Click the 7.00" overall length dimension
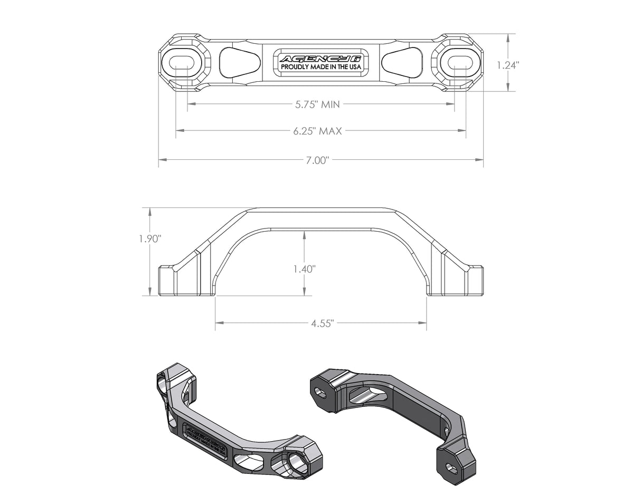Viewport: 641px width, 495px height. [317, 160]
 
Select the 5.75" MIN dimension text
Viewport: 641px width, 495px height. [317, 104]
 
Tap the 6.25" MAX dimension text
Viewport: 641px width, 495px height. [317, 131]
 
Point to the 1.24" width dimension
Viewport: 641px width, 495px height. [508, 65]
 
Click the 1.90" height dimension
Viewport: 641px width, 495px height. [149, 239]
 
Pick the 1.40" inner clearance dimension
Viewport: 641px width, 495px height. [304, 269]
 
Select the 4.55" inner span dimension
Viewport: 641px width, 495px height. [322, 323]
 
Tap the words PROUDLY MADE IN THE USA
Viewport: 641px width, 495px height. [320, 68]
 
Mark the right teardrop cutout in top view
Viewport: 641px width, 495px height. [402, 62]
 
